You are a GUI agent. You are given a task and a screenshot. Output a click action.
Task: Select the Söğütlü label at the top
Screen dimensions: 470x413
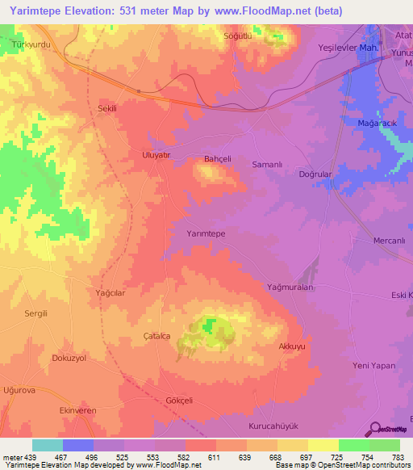(238, 37)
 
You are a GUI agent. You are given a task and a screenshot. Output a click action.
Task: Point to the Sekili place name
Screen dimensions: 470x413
(107, 108)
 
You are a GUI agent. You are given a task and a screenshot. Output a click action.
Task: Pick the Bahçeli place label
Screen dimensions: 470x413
(218, 159)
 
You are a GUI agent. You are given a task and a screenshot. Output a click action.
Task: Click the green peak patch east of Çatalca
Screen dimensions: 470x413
(211, 325)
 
